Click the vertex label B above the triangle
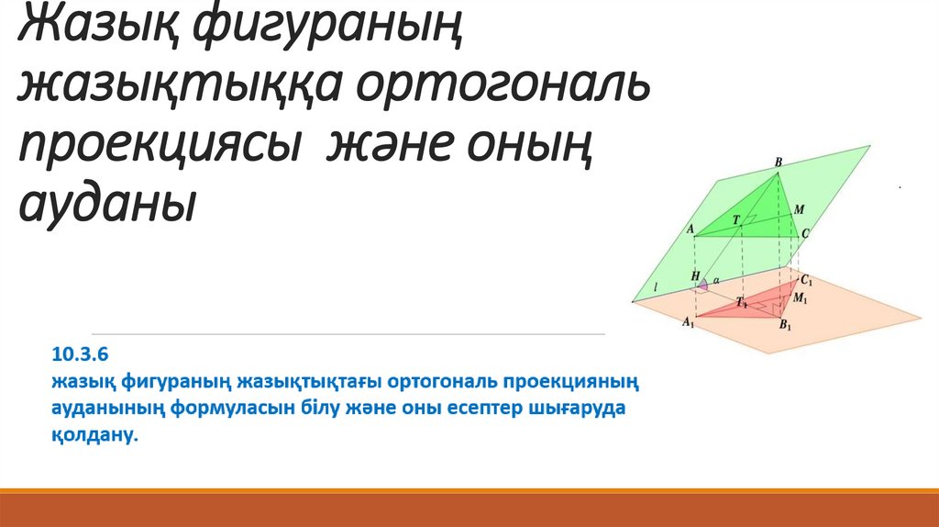coord(779,162)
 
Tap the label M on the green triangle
coord(799,210)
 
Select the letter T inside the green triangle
coord(736,220)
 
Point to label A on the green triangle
coord(690,229)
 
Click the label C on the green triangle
coord(805,233)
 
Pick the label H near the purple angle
coord(695,276)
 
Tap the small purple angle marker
coord(703,285)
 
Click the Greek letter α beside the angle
coord(716,280)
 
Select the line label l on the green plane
coord(656,288)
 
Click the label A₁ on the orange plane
coord(688,322)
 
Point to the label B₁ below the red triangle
coord(785,326)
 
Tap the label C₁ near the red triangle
coord(807,280)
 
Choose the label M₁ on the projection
coord(800,297)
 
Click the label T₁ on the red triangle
coord(742,302)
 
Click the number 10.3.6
coord(81,354)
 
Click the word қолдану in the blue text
coord(94,434)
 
